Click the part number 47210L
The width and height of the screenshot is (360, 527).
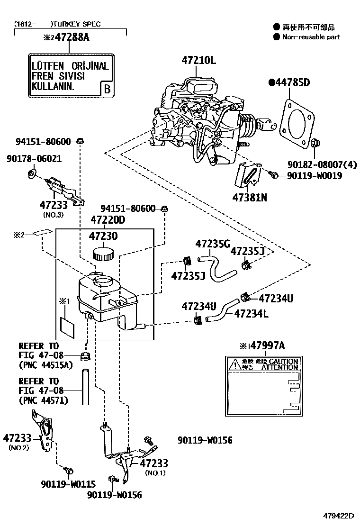[x=198, y=60]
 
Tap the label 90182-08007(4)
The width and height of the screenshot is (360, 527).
[x=322, y=165]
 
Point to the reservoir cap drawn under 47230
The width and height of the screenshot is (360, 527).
[x=103, y=253]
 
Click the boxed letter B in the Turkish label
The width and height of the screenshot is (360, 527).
[x=107, y=89]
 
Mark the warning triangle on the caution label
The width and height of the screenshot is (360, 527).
[x=234, y=364]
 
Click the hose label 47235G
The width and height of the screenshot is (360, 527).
[x=212, y=244]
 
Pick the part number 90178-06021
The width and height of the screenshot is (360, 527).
[x=34, y=159]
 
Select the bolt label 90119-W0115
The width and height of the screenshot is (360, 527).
[x=67, y=484]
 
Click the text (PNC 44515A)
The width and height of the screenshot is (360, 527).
[x=45, y=365]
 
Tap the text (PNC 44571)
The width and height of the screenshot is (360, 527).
[x=43, y=400]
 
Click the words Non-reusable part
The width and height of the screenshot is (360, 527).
[x=311, y=37]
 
